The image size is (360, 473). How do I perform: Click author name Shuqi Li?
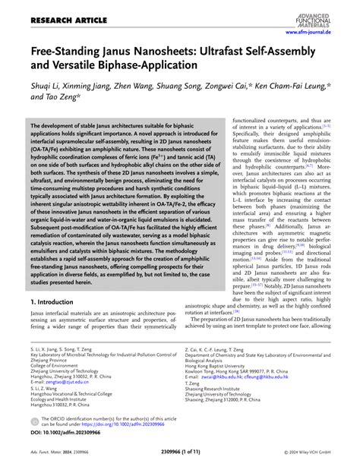(x=44, y=88)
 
